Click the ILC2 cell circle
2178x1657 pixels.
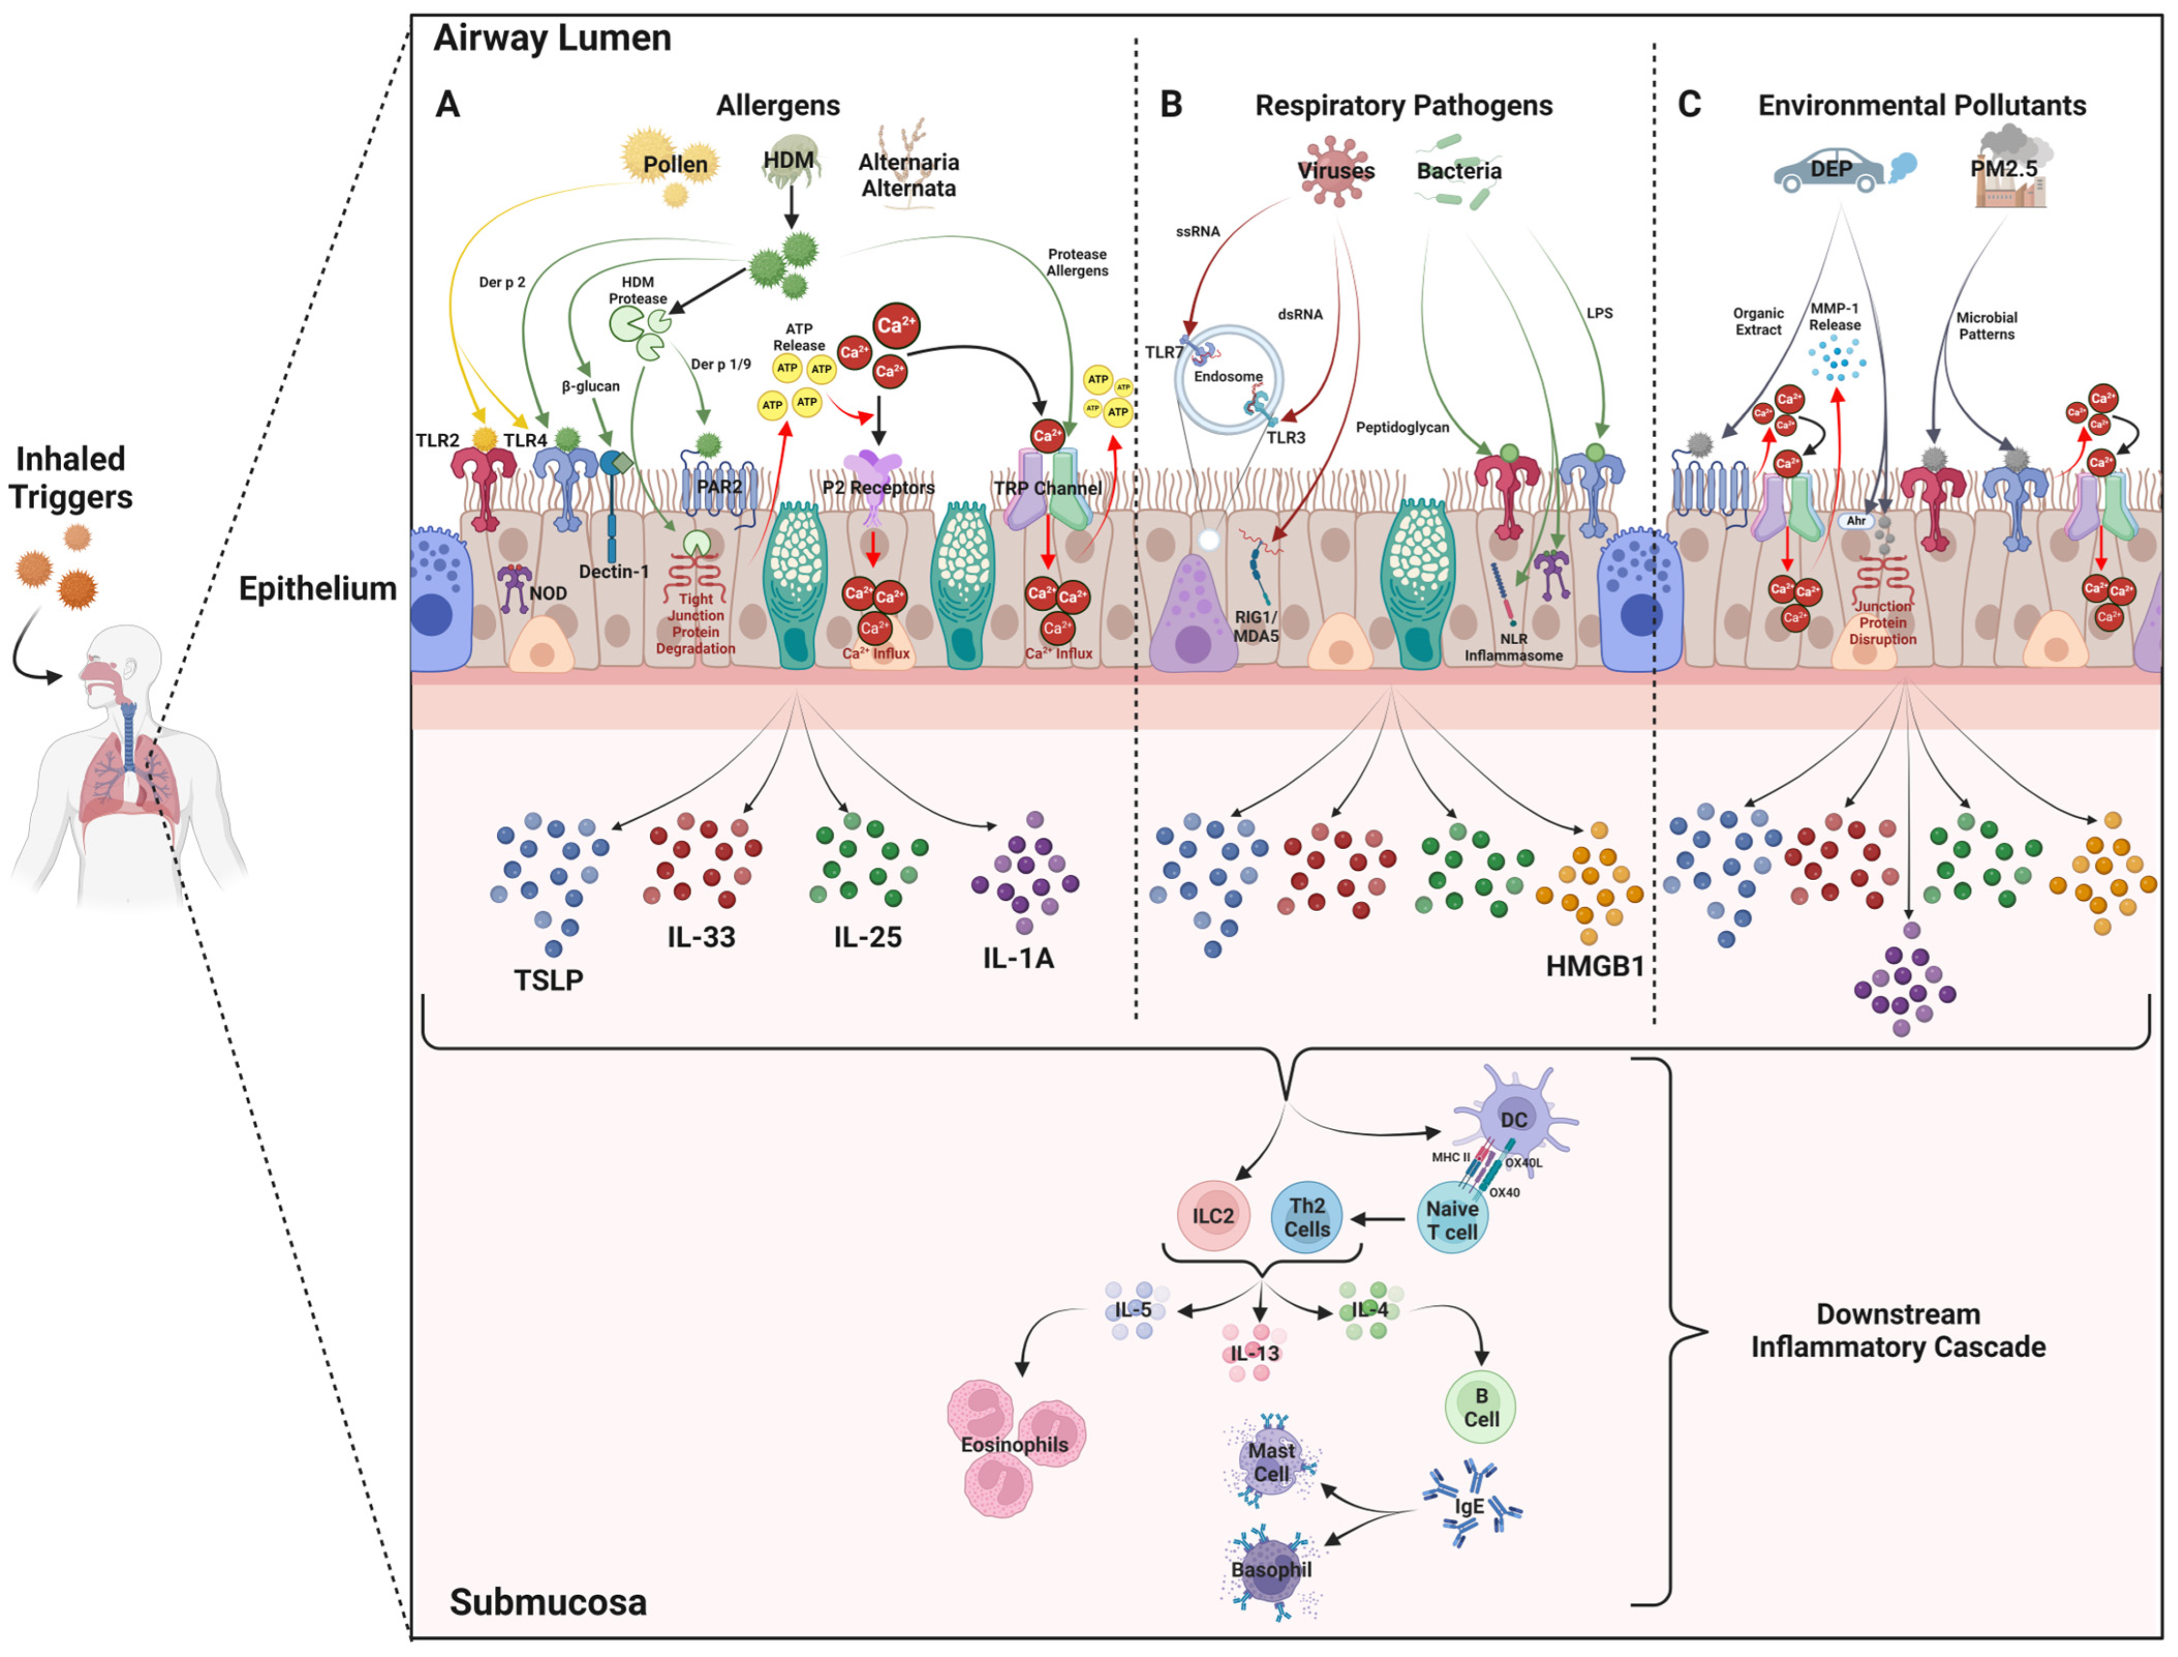pyautogui.click(x=1212, y=1216)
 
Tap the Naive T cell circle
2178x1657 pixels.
pyautogui.click(x=1452, y=1220)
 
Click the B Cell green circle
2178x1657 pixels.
pyautogui.click(x=1480, y=1407)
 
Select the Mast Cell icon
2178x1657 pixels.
pyautogui.click(x=1270, y=1462)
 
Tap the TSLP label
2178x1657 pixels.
pyautogui.click(x=549, y=980)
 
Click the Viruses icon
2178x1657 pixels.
pyautogui.click(x=1336, y=171)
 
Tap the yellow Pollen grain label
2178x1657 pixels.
pyautogui.click(x=675, y=164)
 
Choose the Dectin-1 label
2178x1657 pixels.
pyautogui.click(x=613, y=572)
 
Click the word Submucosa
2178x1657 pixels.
pyautogui.click(x=549, y=1603)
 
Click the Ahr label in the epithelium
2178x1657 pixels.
pyautogui.click(x=1856, y=521)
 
